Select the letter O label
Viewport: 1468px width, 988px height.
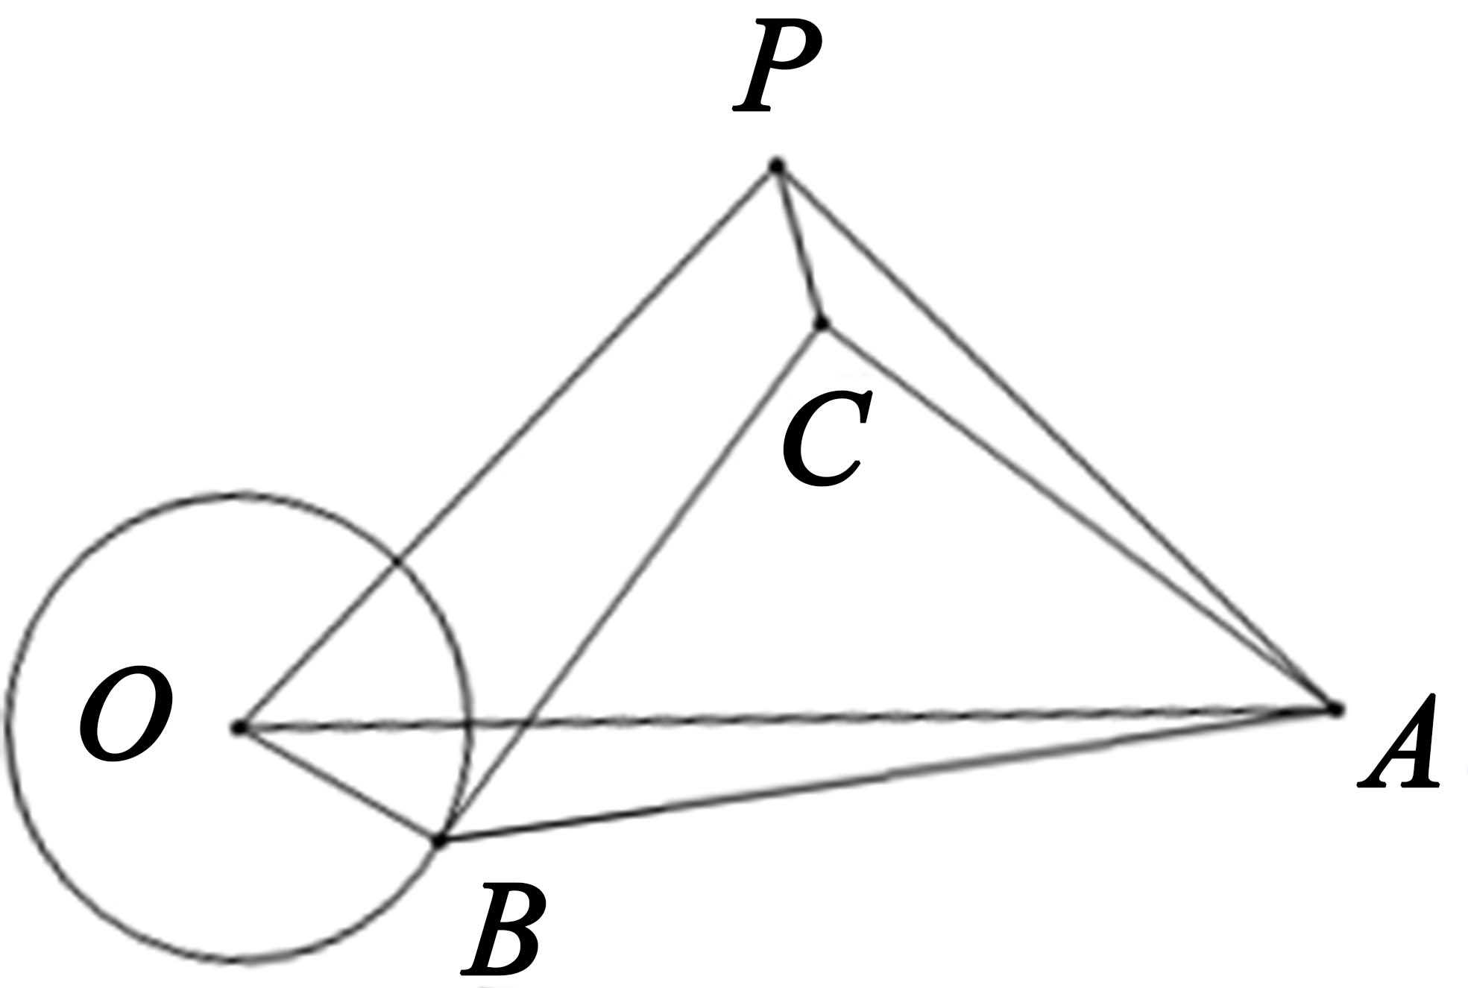(126, 715)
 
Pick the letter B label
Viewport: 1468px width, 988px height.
(502, 929)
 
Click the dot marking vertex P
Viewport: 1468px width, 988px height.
(776, 165)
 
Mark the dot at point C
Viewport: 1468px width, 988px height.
(822, 323)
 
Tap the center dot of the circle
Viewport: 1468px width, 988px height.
(239, 727)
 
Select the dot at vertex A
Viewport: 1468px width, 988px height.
(1334, 708)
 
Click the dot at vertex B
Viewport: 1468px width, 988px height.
(439, 841)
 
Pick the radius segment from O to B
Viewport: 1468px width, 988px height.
(339, 784)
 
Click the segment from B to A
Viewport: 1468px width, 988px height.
(887, 775)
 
